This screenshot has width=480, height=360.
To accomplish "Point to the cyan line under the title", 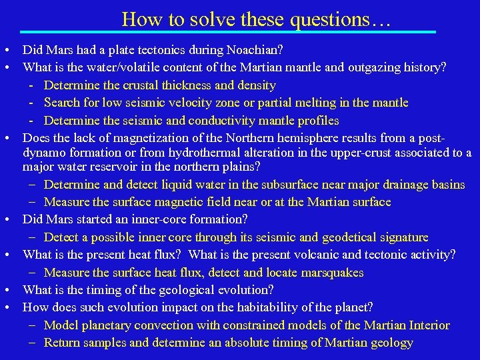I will [x=227, y=31].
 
